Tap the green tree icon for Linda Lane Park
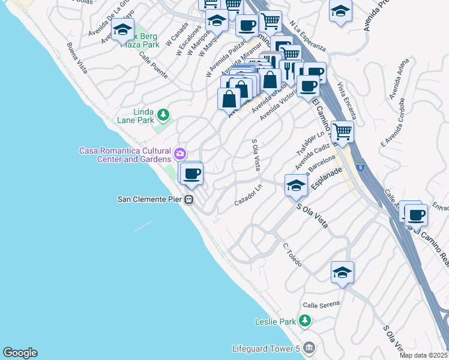[162, 114]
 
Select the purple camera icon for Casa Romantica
[179, 154]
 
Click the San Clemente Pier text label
[151, 200]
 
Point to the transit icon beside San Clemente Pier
[189, 200]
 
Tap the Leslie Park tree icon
[305, 321]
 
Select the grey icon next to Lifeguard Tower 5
[309, 348]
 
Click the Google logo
[20, 353]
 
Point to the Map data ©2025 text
[424, 355]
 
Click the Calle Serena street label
[321, 304]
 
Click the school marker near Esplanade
[296, 186]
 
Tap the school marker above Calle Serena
[342, 272]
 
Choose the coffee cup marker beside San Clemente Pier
[192, 174]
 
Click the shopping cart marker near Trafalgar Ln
[342, 131]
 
